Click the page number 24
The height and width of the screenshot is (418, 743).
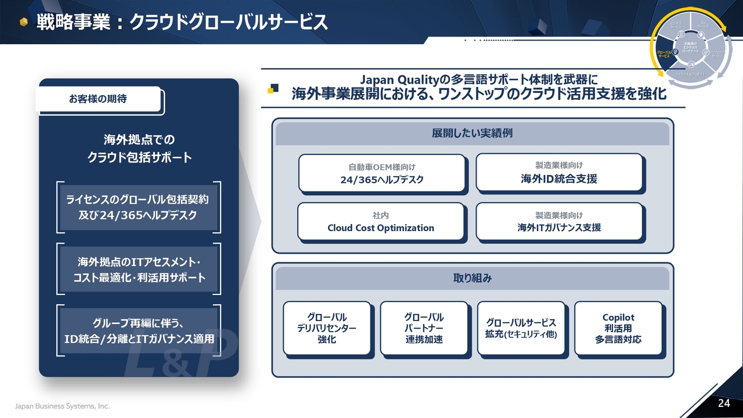click(x=724, y=403)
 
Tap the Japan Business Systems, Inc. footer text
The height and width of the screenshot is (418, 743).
click(x=62, y=406)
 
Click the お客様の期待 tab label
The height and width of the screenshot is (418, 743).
click(x=98, y=99)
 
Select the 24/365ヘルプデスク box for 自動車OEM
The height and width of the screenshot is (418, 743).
click(x=381, y=173)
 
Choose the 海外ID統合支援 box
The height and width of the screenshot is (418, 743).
click(x=559, y=172)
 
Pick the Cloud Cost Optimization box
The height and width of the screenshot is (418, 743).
click(x=381, y=221)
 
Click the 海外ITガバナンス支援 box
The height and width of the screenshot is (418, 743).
click(x=559, y=221)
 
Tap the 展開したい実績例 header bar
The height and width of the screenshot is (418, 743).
click(x=472, y=134)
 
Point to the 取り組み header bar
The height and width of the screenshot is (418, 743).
click(x=472, y=278)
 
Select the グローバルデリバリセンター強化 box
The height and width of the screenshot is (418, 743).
click(x=327, y=328)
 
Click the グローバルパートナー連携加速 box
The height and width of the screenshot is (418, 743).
click(x=424, y=328)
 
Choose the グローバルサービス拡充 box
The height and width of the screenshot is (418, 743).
click(x=521, y=328)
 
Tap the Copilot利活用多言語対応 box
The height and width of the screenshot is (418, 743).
click(x=618, y=328)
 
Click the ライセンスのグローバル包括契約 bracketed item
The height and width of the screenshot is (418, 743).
click(x=139, y=207)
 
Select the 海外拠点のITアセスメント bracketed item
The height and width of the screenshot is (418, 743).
click(x=139, y=269)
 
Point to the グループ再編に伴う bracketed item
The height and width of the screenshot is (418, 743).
click(x=139, y=331)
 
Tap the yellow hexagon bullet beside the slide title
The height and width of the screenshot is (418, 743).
click(x=23, y=23)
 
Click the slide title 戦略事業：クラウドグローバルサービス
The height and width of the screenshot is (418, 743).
click(x=182, y=22)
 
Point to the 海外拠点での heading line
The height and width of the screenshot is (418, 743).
click(x=139, y=140)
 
